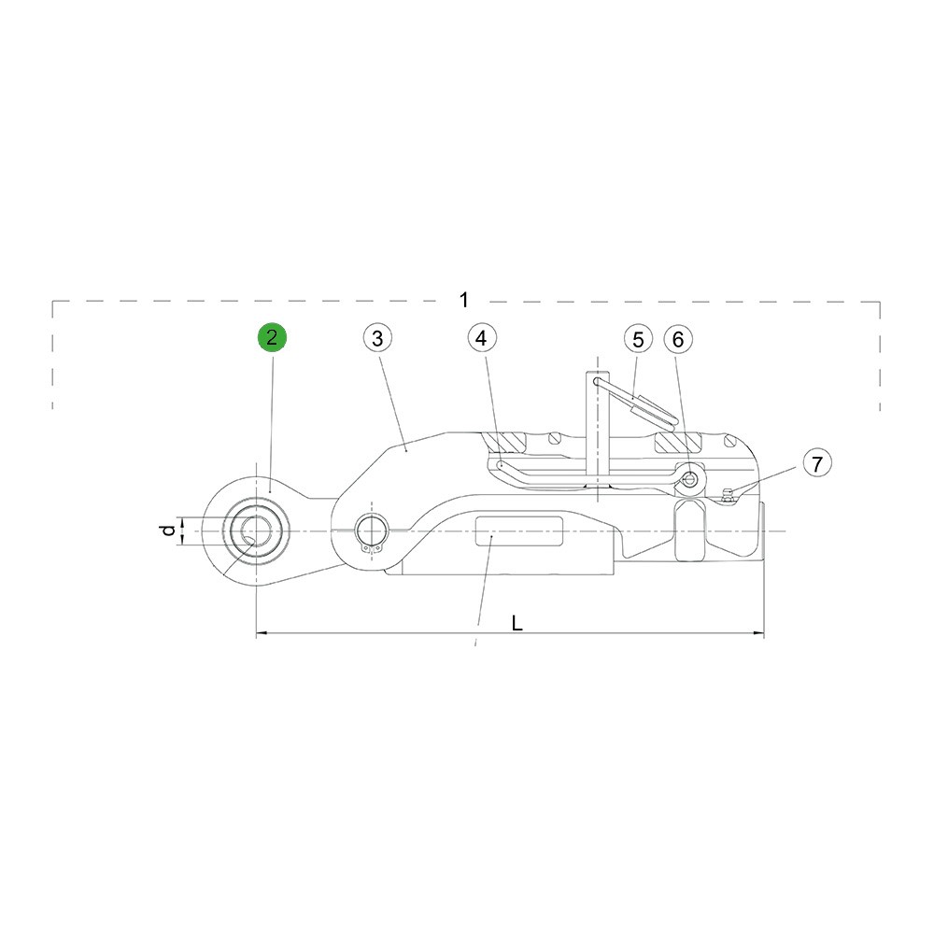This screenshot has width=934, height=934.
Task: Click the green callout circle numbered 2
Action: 272,337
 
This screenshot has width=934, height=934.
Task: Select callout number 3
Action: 377,338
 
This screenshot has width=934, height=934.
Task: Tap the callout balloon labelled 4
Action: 482,338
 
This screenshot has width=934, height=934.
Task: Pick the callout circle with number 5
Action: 639,340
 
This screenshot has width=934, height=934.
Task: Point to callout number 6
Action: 678,340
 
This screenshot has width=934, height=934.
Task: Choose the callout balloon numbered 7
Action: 817,463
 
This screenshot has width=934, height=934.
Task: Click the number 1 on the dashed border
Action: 464,300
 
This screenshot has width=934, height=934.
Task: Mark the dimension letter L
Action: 517,623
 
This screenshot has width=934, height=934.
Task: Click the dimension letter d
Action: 169,531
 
